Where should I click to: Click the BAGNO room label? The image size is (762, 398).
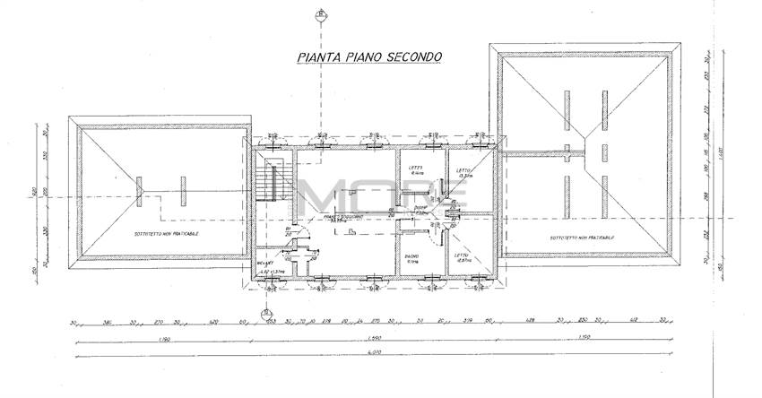(412, 258)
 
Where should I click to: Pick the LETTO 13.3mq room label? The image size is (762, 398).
(463, 173)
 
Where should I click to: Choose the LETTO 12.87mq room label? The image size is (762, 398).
(462, 258)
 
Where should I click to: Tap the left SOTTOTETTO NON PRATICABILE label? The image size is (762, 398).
(168, 233)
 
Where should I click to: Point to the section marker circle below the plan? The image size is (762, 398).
(266, 314)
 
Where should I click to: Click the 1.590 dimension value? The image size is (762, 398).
(374, 339)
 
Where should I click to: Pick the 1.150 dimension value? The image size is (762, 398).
(584, 339)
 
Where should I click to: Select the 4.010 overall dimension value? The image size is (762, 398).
(374, 357)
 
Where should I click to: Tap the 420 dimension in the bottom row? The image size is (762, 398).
(214, 321)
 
